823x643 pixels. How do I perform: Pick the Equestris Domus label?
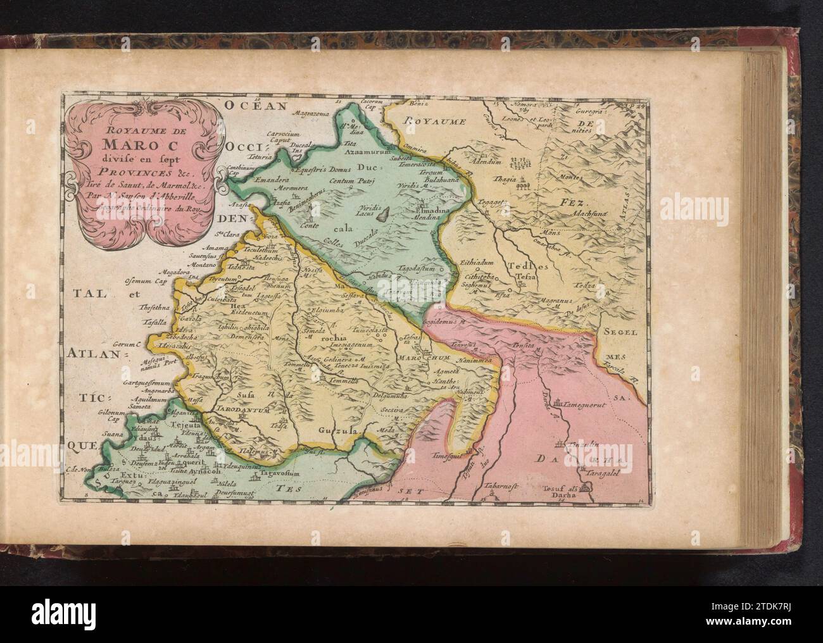click(x=321, y=170)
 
